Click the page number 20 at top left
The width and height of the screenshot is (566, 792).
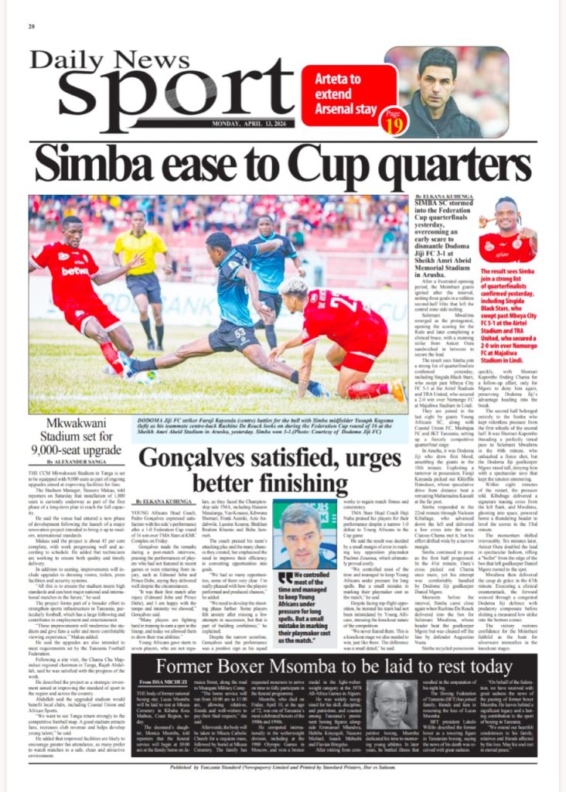[33, 26]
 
